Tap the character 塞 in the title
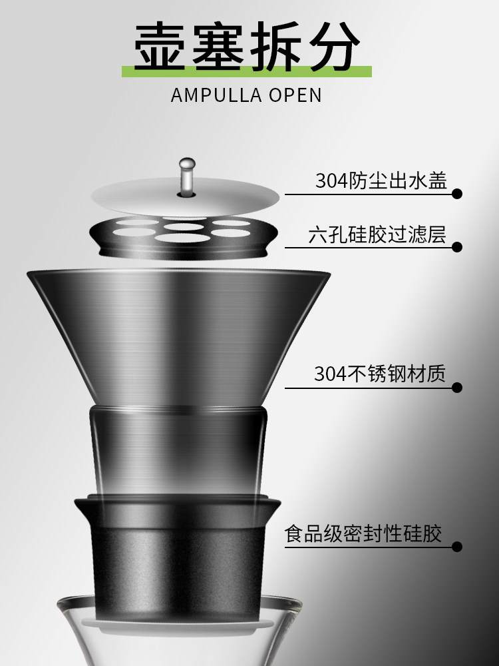220,47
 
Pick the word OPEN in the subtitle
295,95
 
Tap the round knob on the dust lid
187,163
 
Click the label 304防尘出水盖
381,180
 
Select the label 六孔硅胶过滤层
377,234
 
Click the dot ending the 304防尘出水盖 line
457,194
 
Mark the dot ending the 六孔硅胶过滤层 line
457,247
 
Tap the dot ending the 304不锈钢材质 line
457,387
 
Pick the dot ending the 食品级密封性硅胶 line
457,547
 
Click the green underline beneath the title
246,71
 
